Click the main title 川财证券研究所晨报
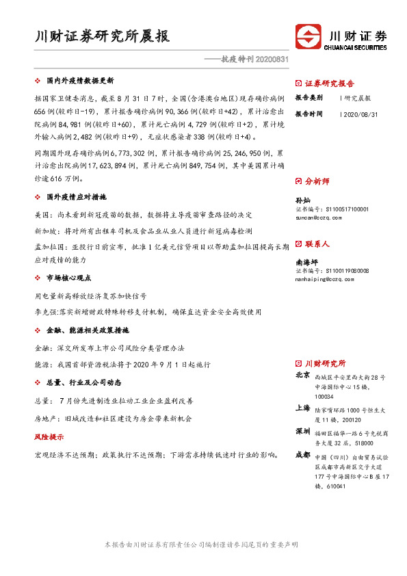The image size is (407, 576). click(x=103, y=36)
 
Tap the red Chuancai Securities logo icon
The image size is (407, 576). click(x=308, y=36)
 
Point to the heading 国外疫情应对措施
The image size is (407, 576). click(x=76, y=197)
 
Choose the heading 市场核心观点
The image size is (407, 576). click(x=69, y=278)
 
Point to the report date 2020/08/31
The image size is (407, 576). click(x=356, y=114)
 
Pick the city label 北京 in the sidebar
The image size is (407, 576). click(x=302, y=376)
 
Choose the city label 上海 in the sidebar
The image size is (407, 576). click(x=302, y=408)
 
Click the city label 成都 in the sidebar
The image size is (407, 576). click(x=302, y=454)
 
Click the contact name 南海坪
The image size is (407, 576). click(x=306, y=261)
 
